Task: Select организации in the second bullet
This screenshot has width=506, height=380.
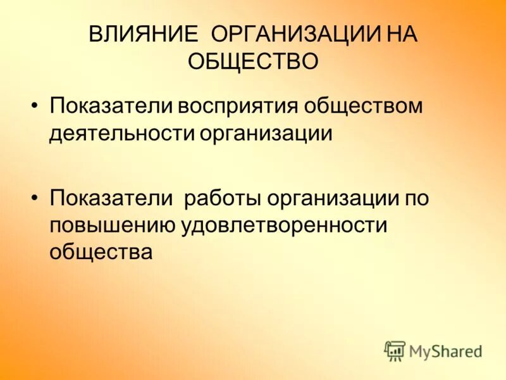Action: tap(333, 198)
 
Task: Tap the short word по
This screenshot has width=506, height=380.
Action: tap(417, 198)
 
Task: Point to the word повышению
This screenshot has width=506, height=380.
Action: tap(114, 225)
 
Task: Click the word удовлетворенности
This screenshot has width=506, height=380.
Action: tap(285, 225)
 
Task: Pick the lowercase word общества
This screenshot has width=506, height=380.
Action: tap(101, 253)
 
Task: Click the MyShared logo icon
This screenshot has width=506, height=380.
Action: tap(395, 350)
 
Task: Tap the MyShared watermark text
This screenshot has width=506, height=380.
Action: tap(445, 351)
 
